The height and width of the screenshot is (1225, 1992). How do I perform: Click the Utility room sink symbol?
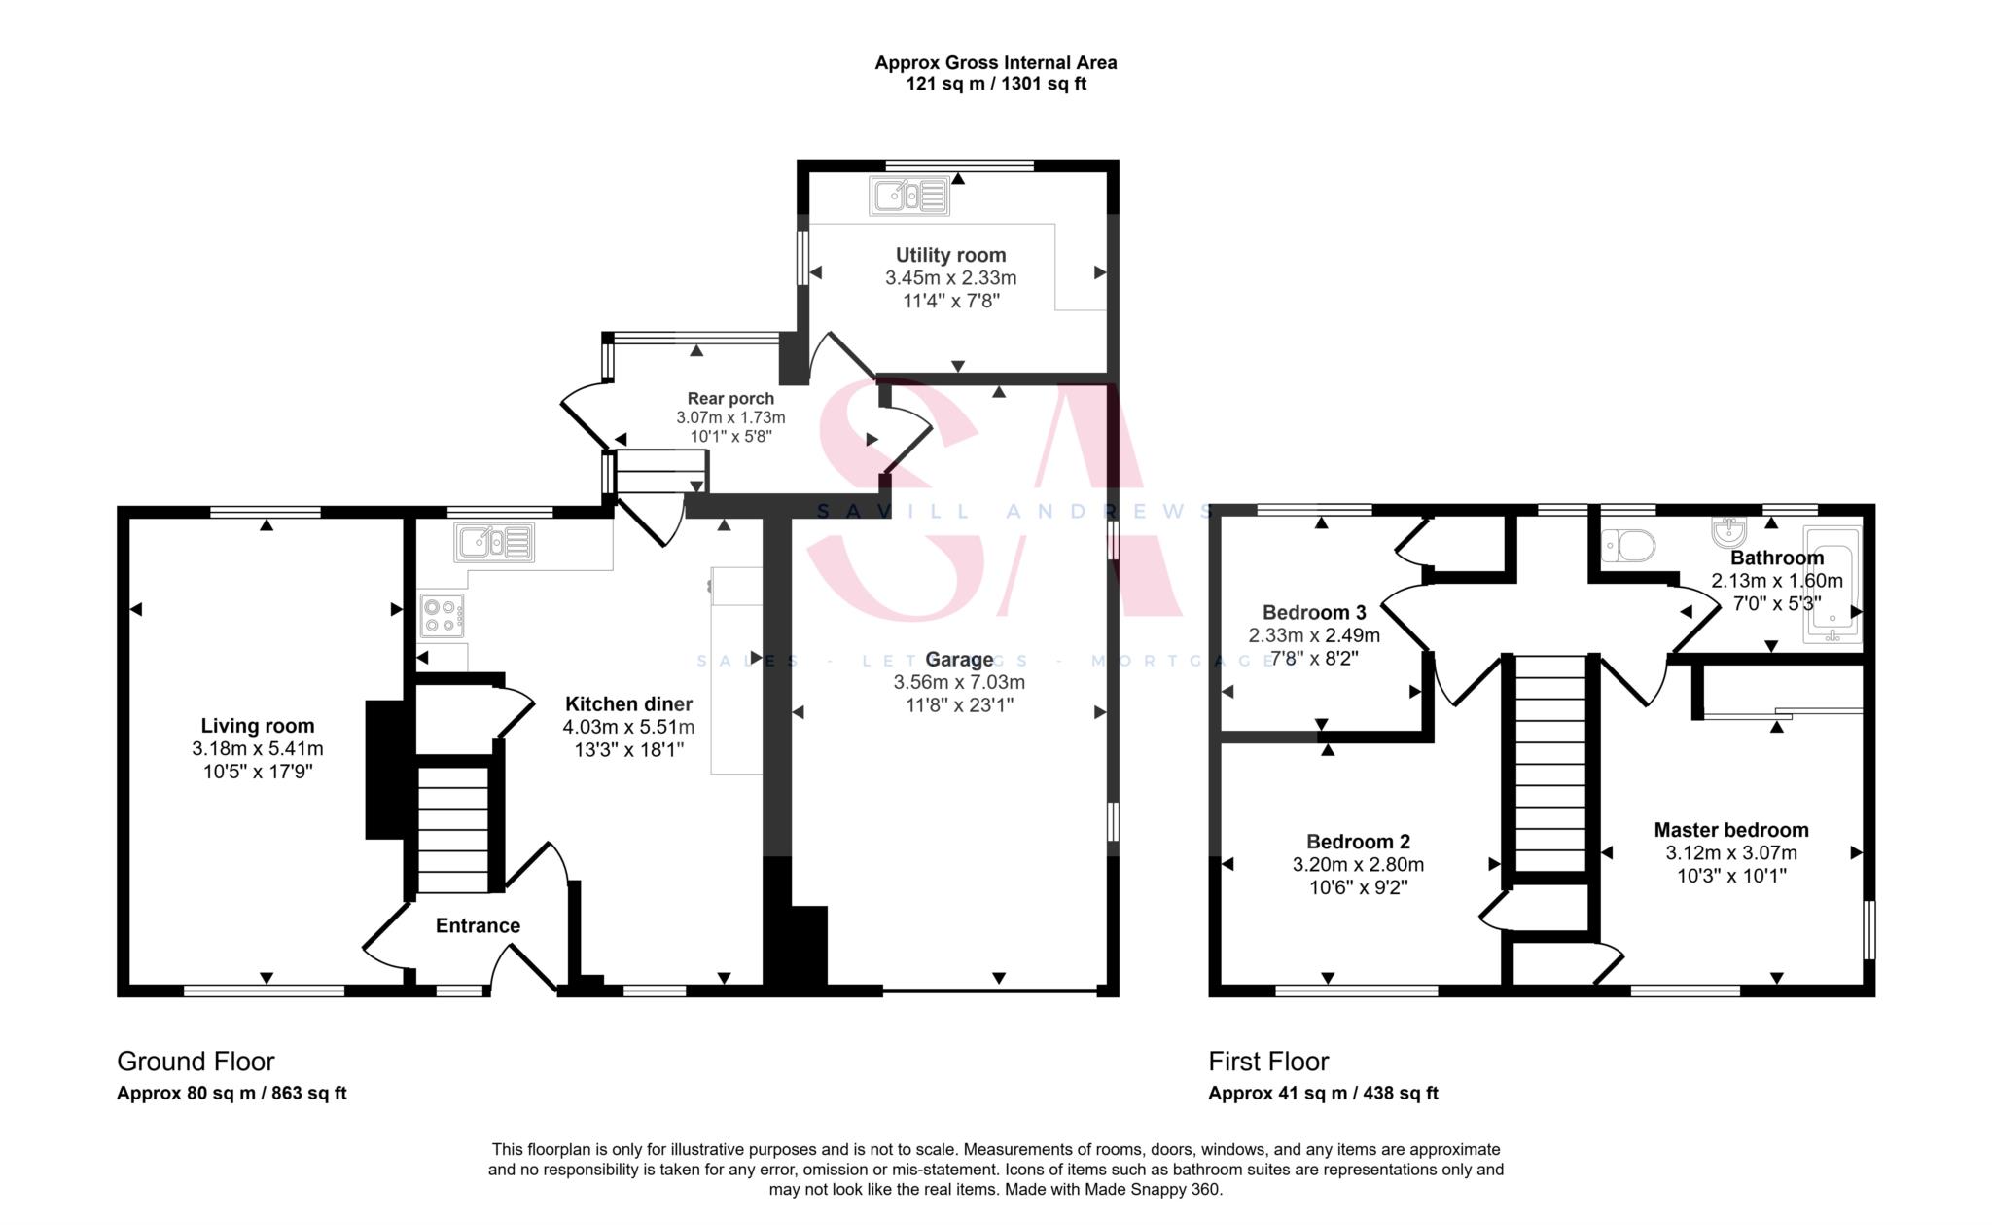tap(909, 197)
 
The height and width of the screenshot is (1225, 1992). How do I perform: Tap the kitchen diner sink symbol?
tap(494, 543)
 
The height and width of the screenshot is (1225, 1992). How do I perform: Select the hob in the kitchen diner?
tap(442, 615)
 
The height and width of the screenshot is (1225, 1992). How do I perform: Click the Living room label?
tap(258, 726)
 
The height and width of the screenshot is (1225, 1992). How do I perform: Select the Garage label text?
tap(959, 660)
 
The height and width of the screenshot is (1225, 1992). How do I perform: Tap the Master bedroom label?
tap(1731, 830)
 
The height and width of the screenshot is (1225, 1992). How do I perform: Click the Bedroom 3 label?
tap(1314, 613)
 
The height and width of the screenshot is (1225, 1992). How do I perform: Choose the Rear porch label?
tap(730, 398)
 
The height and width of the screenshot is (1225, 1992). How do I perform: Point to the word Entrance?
tap(478, 926)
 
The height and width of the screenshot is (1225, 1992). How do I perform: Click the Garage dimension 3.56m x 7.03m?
tap(959, 683)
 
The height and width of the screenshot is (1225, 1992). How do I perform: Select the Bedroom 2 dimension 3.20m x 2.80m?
tap(1358, 865)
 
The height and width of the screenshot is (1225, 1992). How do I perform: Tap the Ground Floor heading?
tap(196, 1062)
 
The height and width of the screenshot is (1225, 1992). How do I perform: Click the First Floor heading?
tap(1268, 1062)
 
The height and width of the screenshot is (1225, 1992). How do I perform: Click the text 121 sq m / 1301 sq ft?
tap(996, 84)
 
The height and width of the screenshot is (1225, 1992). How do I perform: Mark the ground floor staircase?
tap(453, 830)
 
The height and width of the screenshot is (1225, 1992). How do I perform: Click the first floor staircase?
tap(1550, 764)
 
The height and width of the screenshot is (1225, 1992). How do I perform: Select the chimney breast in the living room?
tap(385, 769)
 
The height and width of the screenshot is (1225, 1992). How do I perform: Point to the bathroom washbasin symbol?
tap(1729, 531)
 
